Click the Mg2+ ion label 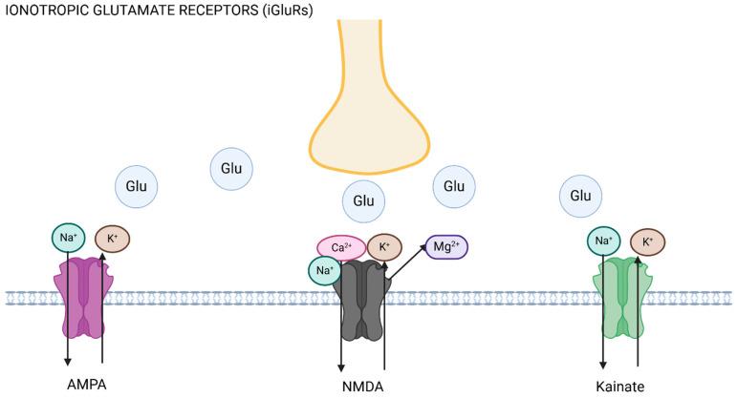(446, 247)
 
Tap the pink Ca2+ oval (340, 248)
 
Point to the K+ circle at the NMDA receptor (384, 246)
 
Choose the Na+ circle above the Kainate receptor (603, 241)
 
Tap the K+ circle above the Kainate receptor (647, 242)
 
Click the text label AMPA (86, 386)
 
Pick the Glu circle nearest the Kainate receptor (580, 196)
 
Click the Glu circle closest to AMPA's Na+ (136, 185)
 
